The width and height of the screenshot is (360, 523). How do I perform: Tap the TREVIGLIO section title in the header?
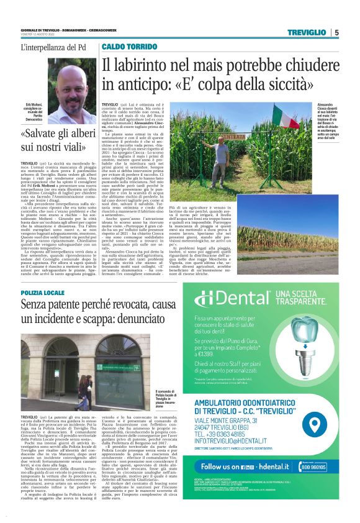coord(308,32)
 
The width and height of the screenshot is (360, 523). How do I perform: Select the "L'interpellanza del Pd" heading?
coord(53,47)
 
